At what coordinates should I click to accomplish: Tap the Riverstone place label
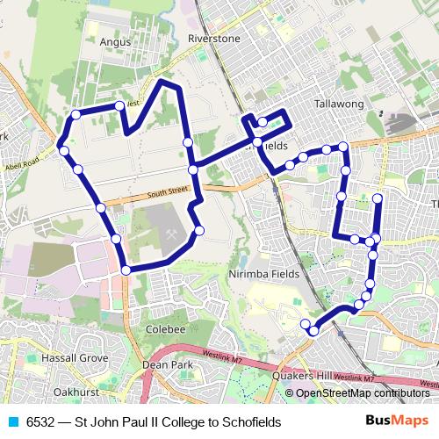(x=213, y=40)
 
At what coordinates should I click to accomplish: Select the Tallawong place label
(x=339, y=104)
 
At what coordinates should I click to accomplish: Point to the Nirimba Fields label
(x=264, y=274)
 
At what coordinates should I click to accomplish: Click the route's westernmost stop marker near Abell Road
(x=60, y=145)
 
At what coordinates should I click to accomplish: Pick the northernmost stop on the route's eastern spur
(x=378, y=198)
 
